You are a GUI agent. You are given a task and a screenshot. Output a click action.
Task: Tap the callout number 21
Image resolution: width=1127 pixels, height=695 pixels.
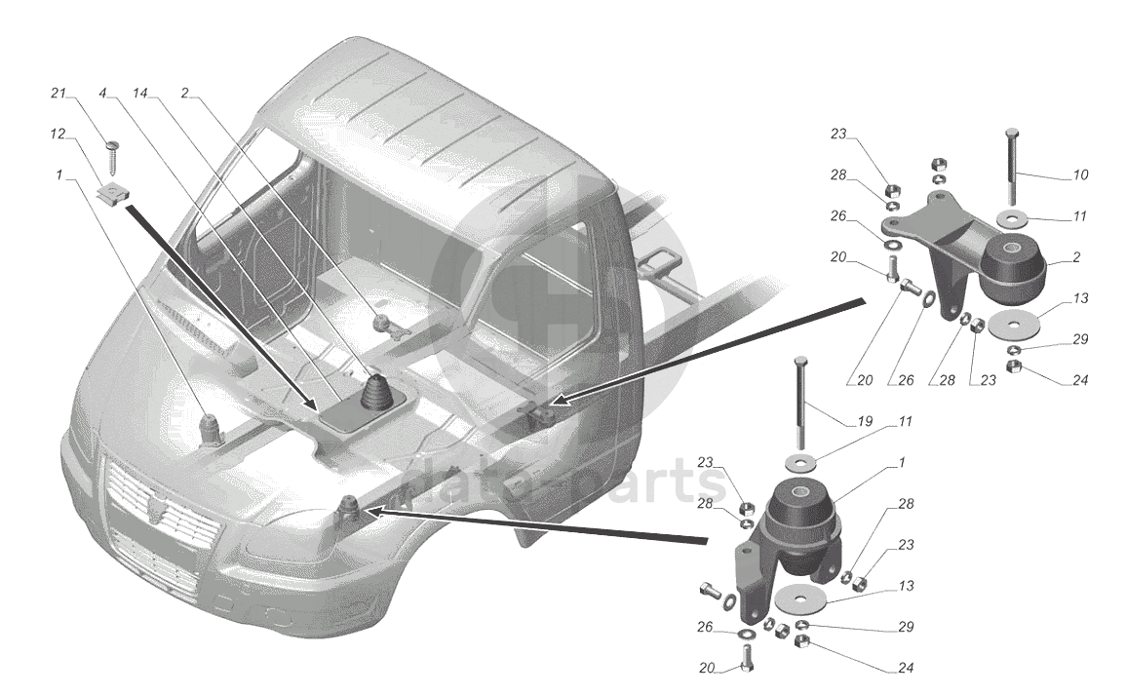click(x=58, y=94)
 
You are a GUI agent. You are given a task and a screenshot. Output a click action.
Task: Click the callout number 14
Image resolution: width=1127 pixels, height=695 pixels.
click(x=141, y=94)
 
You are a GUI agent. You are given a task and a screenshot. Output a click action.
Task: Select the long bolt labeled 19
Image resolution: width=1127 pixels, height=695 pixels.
click(x=802, y=399)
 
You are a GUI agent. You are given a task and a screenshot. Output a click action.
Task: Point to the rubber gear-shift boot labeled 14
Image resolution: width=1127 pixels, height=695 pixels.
click(x=377, y=392)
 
